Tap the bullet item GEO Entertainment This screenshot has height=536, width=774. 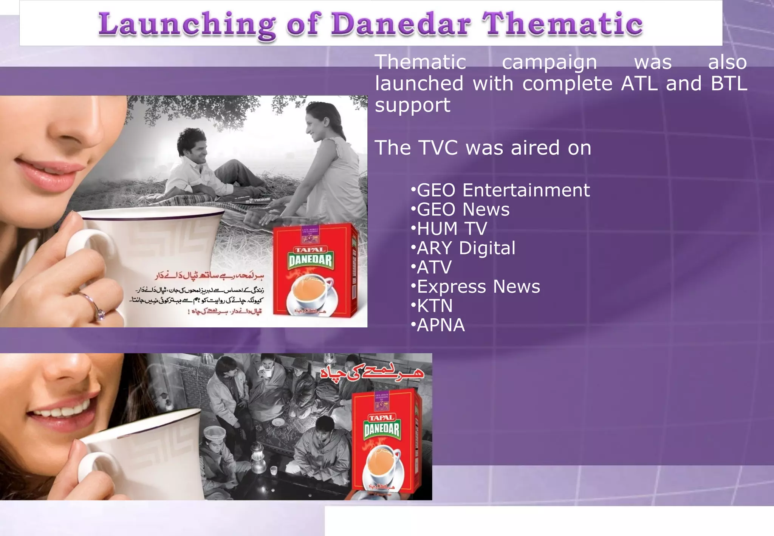coord(503,190)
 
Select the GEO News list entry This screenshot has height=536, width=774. coord(463,209)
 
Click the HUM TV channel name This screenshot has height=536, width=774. coord(452,229)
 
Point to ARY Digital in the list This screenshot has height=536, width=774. coord(466,248)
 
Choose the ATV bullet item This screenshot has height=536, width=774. coord(434,268)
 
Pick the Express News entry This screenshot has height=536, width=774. coord(478,287)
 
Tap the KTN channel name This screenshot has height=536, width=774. coord(435,306)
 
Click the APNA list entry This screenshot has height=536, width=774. coord(440,325)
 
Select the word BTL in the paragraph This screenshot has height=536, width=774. coord(729,84)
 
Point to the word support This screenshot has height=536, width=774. coord(412,105)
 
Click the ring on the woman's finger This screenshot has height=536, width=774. coord(99,312)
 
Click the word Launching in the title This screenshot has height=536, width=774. coord(187,25)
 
